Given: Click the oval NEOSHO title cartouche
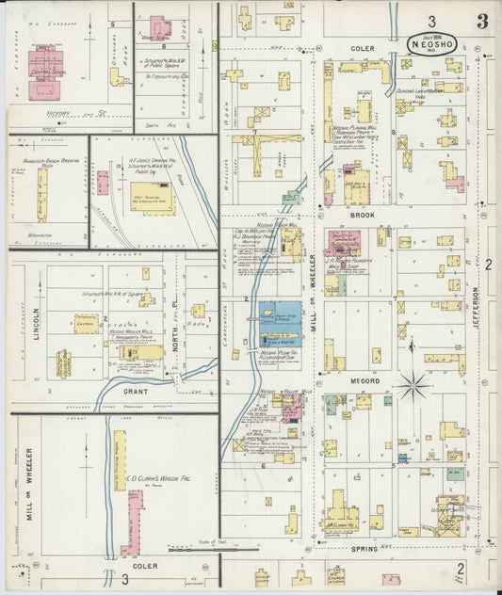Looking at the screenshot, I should (x=435, y=42).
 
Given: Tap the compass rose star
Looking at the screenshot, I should (x=412, y=384).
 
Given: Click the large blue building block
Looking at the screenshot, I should (x=281, y=323).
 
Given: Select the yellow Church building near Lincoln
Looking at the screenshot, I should (x=87, y=323).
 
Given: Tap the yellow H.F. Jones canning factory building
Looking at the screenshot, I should (x=153, y=199).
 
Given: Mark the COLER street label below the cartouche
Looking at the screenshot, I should (x=363, y=48).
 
